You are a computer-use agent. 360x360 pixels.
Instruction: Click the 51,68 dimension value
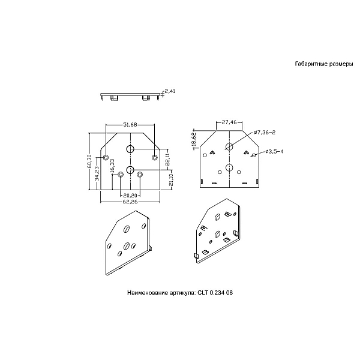(130, 124)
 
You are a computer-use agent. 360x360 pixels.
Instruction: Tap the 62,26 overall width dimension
(130, 202)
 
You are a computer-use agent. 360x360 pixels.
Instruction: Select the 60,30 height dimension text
(89, 161)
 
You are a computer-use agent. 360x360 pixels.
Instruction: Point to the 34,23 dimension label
(97, 173)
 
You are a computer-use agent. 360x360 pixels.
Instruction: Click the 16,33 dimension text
(112, 166)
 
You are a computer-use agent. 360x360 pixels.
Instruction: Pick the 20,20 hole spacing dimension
(130, 196)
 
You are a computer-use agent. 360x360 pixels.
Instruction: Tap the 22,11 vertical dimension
(167, 160)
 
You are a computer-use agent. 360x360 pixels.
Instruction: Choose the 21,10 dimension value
(171, 180)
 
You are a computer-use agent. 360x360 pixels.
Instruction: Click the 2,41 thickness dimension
(170, 91)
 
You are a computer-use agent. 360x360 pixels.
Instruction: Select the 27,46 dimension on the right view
(229, 122)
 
